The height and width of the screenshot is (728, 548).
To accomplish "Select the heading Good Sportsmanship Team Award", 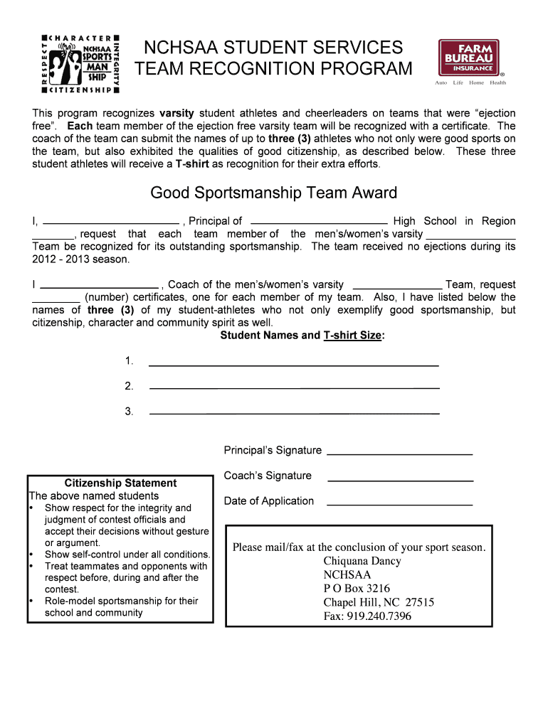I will coord(273,193).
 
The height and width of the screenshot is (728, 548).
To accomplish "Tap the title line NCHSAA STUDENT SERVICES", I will coord(273,48).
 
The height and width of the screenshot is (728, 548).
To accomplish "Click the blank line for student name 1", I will coord(293,364).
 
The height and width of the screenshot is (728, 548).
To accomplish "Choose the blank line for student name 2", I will coord(294,387).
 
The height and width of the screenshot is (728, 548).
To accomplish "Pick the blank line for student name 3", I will coord(294,412).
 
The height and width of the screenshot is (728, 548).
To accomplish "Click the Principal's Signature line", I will coord(399,453).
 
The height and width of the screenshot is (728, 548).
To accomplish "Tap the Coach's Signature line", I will coord(399,479).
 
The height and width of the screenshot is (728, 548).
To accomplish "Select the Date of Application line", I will coord(399,504).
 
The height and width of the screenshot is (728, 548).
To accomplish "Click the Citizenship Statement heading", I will coord(120,483).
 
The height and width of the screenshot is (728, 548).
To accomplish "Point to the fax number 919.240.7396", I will coord(379,616).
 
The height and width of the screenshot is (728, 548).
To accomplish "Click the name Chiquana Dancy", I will coord(362,561).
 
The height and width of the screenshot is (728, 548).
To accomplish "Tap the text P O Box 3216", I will coord(357,589).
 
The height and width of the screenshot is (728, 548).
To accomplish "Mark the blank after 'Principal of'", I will coord(320,221).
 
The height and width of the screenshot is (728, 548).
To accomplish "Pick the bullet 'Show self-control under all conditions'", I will coord(127,555).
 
